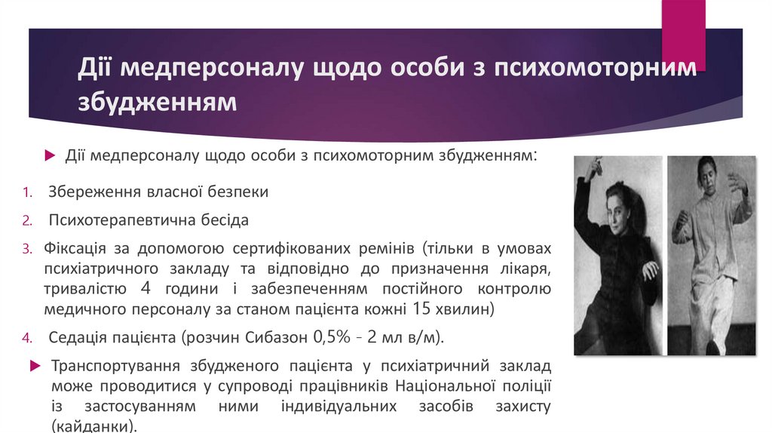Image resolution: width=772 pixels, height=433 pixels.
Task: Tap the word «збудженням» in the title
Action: coord(158,101)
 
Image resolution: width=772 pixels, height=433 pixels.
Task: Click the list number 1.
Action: coord(27,192)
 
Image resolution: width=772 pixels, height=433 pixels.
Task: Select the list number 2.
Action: coord(27,221)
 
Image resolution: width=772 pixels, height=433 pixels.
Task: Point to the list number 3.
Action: coord(27,249)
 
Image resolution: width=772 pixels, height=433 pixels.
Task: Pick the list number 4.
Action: coord(27,337)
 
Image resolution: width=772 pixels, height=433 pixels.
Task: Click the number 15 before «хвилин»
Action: coord(424,309)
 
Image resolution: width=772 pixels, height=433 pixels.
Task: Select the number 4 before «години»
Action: coord(148,289)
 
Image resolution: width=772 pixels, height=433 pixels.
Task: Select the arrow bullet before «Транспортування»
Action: coord(34,366)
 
